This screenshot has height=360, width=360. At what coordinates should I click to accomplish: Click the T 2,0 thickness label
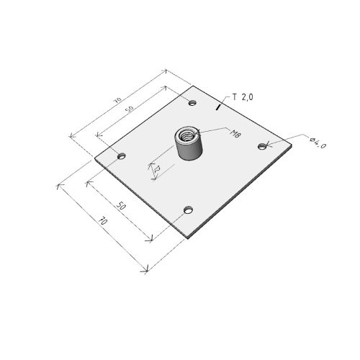[x=243, y=97]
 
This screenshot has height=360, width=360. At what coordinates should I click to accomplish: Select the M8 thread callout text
[x=235, y=133]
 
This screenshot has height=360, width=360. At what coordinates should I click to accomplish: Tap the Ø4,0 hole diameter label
[x=318, y=143]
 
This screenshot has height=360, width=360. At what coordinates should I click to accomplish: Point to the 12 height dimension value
[x=157, y=169]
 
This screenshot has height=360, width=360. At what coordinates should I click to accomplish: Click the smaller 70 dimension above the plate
[x=118, y=100]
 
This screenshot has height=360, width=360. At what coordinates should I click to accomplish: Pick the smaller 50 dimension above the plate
[x=130, y=109]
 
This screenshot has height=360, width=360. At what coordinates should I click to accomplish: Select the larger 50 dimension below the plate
[x=121, y=206]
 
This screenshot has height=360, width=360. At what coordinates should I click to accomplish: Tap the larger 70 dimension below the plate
[x=103, y=220]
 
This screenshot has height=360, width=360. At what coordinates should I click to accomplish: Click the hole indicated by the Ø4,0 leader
[x=263, y=146]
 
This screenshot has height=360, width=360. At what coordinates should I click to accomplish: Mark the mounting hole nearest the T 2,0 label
[x=192, y=103]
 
